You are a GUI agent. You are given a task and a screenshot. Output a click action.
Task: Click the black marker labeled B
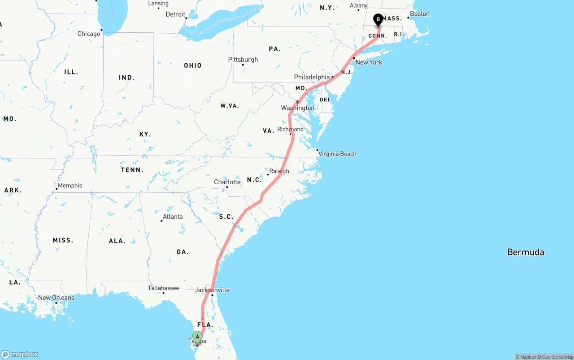[378, 20]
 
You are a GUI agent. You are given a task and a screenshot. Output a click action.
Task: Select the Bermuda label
[525, 252]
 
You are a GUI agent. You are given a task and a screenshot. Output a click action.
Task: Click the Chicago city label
[89, 34]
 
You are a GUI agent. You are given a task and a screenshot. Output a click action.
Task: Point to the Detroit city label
[175, 14]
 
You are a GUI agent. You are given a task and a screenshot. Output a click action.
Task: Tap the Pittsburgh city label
[243, 60]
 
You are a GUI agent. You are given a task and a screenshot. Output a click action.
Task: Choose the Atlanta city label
[173, 217]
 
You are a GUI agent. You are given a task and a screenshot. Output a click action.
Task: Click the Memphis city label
[70, 185]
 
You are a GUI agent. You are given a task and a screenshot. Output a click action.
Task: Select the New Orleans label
[56, 298]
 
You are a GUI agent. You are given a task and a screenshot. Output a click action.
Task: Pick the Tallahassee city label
[164, 288]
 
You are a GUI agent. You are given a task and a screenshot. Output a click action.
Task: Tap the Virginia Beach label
[337, 154]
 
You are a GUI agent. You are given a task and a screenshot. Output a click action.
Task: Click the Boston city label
[420, 14]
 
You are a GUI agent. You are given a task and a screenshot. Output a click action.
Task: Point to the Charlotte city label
[227, 182]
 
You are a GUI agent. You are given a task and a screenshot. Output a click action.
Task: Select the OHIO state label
[193, 65]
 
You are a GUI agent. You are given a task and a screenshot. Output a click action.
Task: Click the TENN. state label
[132, 170]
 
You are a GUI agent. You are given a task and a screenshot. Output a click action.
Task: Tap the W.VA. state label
[229, 106]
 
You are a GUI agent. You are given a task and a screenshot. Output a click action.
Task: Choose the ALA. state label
[117, 241]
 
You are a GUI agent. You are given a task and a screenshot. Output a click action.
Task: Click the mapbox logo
[20, 354]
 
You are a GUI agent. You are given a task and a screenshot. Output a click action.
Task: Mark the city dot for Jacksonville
[212, 295]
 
